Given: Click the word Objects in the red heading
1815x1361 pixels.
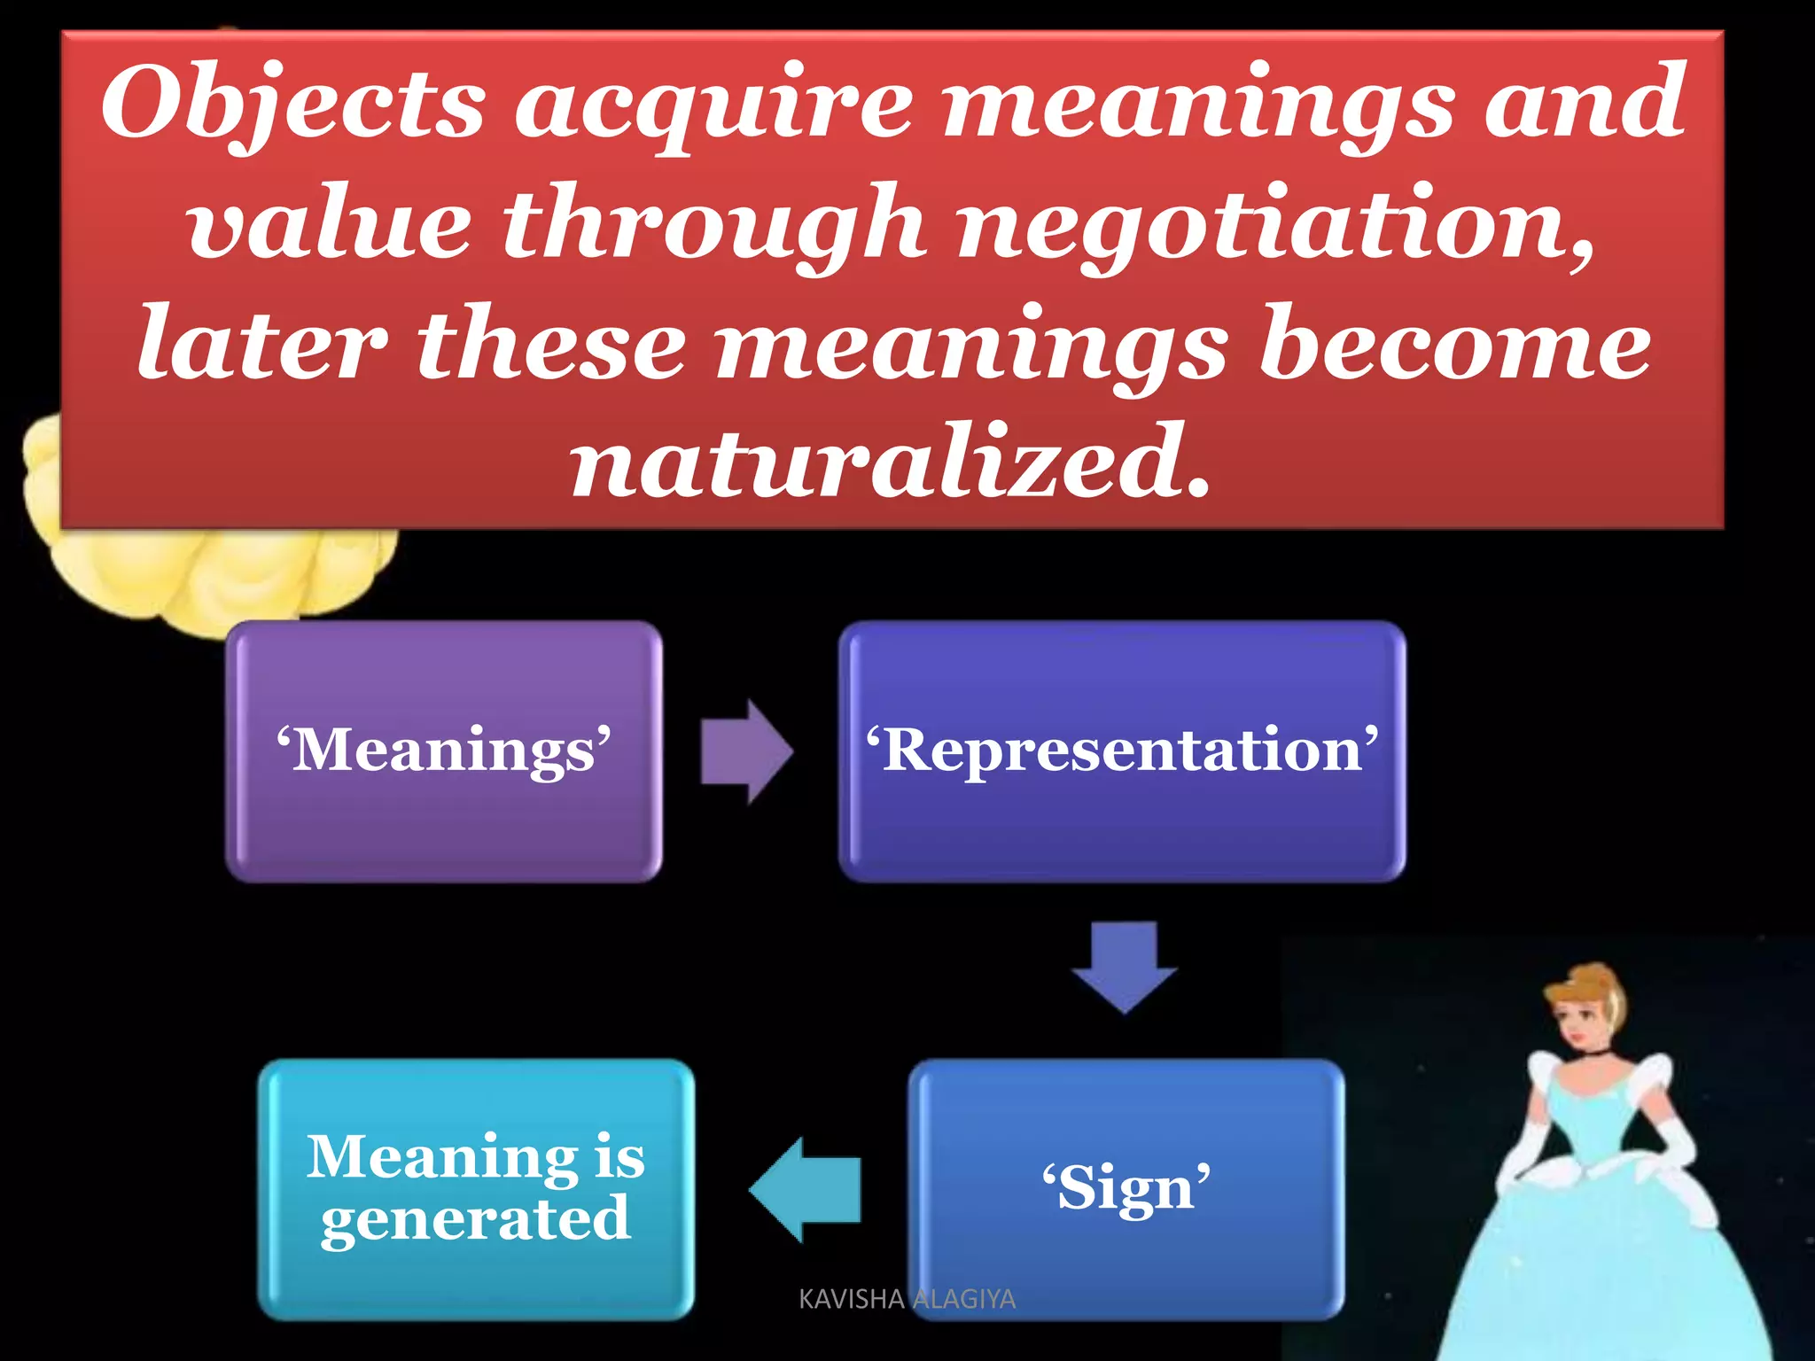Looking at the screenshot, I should [x=292, y=105].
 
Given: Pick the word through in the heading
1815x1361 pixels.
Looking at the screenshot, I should [x=713, y=225].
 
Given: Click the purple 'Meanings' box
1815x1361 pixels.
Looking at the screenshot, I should [x=443, y=750].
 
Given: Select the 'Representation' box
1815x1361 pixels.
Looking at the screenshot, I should [x=1122, y=750].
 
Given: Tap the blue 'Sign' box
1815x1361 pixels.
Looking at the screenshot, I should [x=1126, y=1187].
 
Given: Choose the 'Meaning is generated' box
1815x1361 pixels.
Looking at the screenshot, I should [x=476, y=1187].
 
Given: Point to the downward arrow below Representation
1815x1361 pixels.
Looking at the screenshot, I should [x=1124, y=966].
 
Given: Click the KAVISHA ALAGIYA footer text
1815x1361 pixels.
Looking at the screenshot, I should [x=907, y=1299].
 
